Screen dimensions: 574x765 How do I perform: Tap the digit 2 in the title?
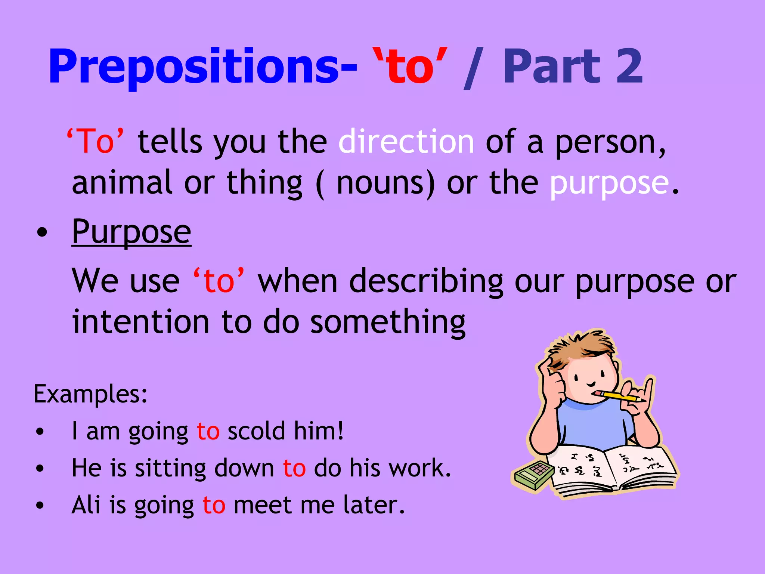tap(629, 67)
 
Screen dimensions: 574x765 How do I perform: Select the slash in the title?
tap(474, 68)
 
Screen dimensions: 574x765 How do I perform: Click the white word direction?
tap(406, 141)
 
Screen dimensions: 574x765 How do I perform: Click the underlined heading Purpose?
tap(131, 232)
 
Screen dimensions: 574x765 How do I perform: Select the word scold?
tap(256, 431)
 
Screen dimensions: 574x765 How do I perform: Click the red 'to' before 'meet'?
tap(214, 505)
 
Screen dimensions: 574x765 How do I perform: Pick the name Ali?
tap(86, 505)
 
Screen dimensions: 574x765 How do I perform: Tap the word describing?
tap(426, 281)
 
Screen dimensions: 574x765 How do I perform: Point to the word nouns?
tap(385, 183)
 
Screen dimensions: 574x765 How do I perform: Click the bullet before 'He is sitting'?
tap(40, 468)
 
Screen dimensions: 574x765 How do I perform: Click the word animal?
tap(122, 183)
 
